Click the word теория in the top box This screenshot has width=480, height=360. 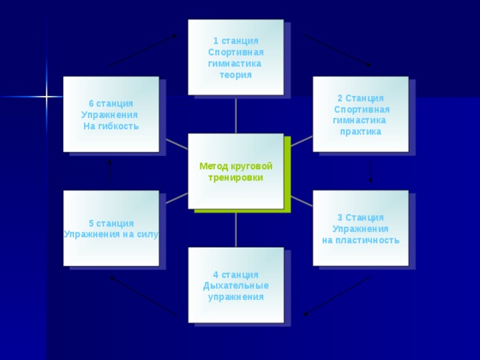click(x=235, y=75)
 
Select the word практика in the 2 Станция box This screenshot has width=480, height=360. click(x=361, y=132)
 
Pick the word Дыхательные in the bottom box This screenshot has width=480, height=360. click(x=235, y=286)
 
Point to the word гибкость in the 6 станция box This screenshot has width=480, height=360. click(x=118, y=126)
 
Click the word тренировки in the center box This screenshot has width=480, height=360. click(x=235, y=178)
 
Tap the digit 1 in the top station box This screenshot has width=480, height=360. click(x=216, y=41)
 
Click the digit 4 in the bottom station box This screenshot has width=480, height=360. click(x=216, y=275)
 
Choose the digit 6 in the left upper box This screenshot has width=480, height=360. click(x=91, y=103)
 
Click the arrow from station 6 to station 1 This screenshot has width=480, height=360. click(x=143, y=50)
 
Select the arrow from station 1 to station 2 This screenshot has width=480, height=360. click(x=337, y=49)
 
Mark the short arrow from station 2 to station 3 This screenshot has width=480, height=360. click(x=370, y=171)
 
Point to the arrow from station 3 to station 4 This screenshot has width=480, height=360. click(x=337, y=296)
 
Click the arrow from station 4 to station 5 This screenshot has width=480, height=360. click(x=143, y=296)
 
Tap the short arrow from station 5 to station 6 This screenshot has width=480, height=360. click(x=109, y=171)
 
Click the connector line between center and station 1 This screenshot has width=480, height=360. click(x=235, y=115)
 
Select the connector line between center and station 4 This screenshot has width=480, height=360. click(x=235, y=230)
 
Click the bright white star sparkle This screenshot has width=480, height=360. click(x=46, y=97)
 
